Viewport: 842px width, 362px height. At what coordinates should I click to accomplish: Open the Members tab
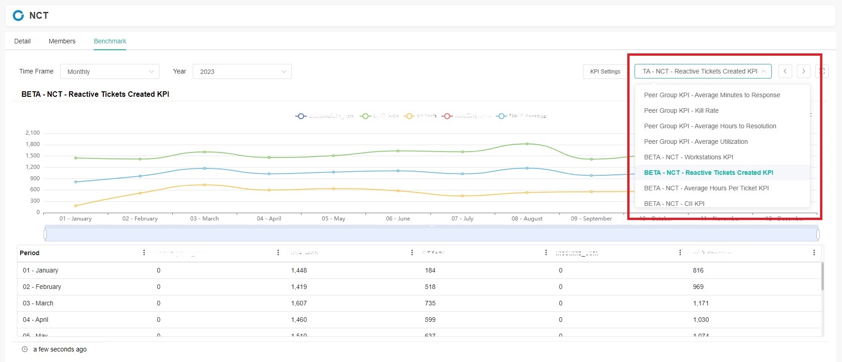pyautogui.click(x=62, y=41)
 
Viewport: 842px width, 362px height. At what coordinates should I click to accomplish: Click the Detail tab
pyautogui.click(x=22, y=41)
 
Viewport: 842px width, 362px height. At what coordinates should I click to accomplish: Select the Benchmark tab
pyautogui.click(x=110, y=41)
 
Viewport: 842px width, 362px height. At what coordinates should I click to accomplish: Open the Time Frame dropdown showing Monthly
pyautogui.click(x=110, y=72)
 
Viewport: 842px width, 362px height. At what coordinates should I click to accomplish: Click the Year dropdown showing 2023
pyautogui.click(x=242, y=72)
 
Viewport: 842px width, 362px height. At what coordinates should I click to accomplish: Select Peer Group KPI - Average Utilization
pyautogui.click(x=696, y=142)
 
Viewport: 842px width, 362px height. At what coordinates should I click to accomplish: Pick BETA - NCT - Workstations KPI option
pyautogui.click(x=688, y=157)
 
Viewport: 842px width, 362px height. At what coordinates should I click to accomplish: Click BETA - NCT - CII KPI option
pyautogui.click(x=674, y=203)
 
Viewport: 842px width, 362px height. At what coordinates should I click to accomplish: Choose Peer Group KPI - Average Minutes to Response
pyautogui.click(x=712, y=95)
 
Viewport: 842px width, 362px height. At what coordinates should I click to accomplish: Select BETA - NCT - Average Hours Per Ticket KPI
pyautogui.click(x=706, y=188)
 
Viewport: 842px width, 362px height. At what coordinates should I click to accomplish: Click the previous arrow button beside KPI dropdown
pyautogui.click(x=785, y=71)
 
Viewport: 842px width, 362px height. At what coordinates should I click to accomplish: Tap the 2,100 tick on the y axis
pyautogui.click(x=32, y=133)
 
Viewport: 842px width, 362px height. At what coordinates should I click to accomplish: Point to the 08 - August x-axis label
pyautogui.click(x=527, y=219)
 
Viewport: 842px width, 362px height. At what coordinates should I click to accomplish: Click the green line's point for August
pyautogui.click(x=527, y=144)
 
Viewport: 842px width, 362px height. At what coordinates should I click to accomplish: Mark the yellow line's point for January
pyautogui.click(x=75, y=206)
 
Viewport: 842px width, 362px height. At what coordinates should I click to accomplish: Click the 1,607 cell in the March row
pyautogui.click(x=299, y=303)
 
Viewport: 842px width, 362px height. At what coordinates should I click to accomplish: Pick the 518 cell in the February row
pyautogui.click(x=430, y=287)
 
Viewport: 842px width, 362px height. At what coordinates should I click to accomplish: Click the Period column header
pyautogui.click(x=30, y=253)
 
